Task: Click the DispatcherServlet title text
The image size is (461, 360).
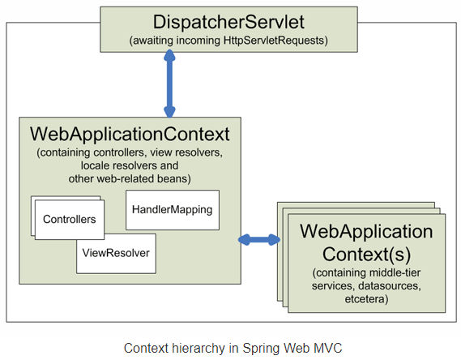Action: (x=229, y=22)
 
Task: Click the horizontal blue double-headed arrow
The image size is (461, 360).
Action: (x=258, y=239)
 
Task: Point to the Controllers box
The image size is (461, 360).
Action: (x=70, y=219)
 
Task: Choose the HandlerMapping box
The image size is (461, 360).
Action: (x=171, y=209)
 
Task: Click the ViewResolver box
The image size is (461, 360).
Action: (x=116, y=252)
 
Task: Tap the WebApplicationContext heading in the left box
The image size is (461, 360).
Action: (x=130, y=133)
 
